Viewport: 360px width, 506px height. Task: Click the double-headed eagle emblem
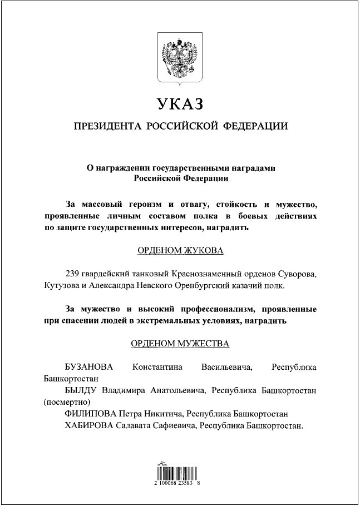pyautogui.click(x=180, y=60)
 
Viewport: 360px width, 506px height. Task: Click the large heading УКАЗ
pyautogui.click(x=180, y=104)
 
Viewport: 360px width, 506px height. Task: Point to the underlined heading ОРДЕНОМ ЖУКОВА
pyautogui.click(x=180, y=251)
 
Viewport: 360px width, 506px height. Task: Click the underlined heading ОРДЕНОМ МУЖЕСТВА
pyautogui.click(x=180, y=344)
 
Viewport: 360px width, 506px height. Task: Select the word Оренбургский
pyautogui.click(x=194, y=286)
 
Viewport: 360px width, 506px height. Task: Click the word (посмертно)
pyautogui.click(x=66, y=403)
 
